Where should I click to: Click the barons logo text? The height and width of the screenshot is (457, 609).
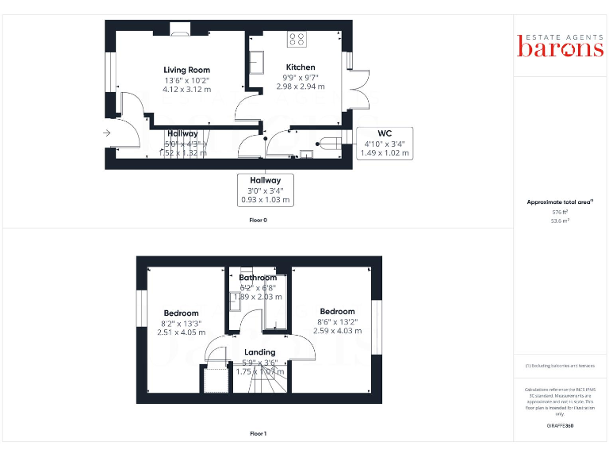[561, 48]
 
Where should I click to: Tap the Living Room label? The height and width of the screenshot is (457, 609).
[187, 70]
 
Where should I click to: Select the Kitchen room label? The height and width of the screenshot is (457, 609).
[301, 67]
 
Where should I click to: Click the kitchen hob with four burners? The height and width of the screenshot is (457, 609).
[299, 37]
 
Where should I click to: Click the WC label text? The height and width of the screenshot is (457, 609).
[385, 132]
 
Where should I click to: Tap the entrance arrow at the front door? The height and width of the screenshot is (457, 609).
[107, 133]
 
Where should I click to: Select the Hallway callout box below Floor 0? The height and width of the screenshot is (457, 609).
[266, 190]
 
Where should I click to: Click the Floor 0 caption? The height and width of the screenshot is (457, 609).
[258, 220]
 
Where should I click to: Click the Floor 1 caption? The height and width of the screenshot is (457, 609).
[258, 434]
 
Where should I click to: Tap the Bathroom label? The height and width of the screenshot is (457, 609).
[258, 278]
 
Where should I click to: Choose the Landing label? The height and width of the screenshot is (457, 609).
[259, 351]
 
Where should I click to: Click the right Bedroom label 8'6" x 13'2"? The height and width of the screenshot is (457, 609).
[337, 311]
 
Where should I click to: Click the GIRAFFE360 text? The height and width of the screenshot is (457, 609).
[560, 426]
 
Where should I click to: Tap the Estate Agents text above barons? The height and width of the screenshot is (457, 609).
[561, 36]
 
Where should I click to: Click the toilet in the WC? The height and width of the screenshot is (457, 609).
[323, 144]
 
